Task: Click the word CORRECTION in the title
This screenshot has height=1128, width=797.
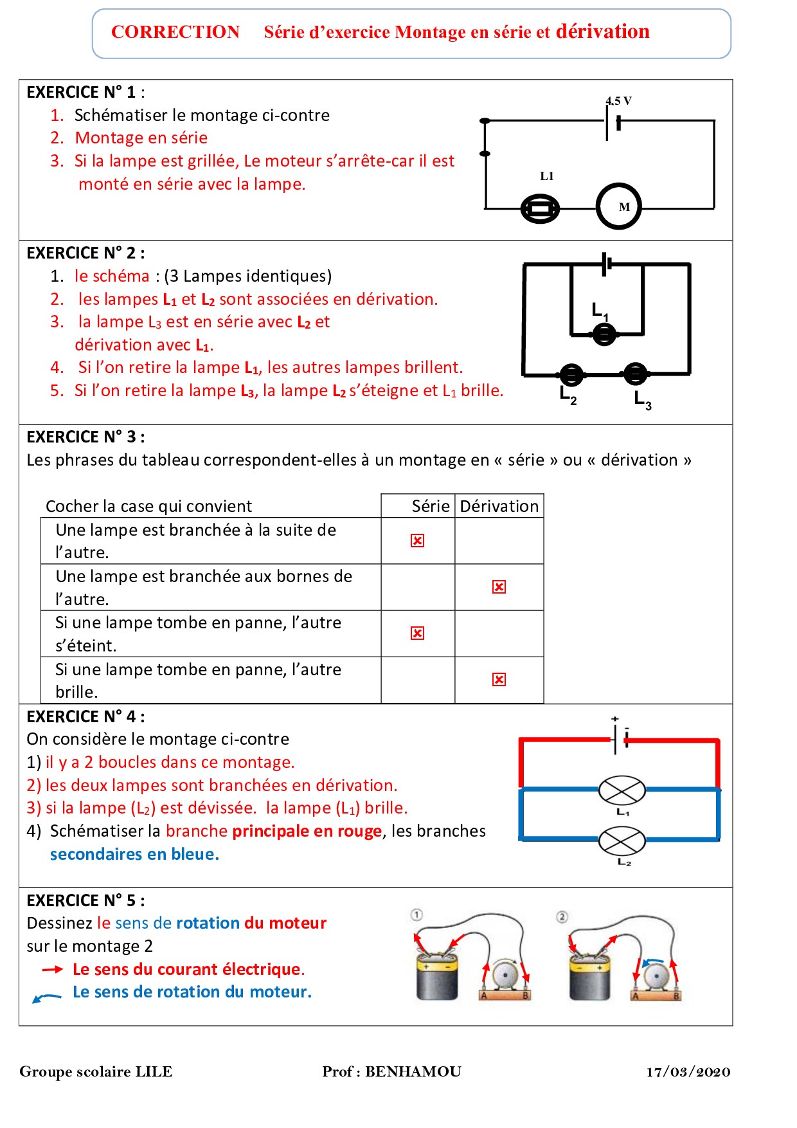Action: (175, 32)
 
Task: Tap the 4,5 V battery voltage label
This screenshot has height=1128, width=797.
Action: (618, 101)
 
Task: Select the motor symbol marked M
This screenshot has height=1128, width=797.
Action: (619, 206)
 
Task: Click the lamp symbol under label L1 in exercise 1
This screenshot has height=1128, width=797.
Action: (540, 209)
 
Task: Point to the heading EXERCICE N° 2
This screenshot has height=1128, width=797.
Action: (85, 253)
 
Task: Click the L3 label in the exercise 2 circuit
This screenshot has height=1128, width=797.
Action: (643, 400)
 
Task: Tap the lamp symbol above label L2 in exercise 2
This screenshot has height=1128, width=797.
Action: (571, 374)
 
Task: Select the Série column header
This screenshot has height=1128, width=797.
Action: (430, 506)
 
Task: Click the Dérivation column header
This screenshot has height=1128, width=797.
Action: (499, 506)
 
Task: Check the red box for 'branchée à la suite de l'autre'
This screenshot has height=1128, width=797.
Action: (417, 541)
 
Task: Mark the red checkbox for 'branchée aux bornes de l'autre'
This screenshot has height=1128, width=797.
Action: (499, 587)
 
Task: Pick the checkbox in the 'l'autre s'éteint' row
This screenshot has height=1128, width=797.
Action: (417, 633)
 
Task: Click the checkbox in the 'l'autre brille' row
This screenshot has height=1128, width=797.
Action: (499, 680)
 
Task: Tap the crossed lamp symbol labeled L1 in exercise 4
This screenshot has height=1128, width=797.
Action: (622, 790)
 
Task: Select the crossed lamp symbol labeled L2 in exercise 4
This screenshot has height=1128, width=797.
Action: (622, 841)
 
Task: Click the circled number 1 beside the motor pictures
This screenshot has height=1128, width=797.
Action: (416, 914)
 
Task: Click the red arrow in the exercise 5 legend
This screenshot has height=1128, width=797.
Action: (52, 969)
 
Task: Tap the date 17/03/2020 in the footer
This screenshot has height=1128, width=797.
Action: (688, 1072)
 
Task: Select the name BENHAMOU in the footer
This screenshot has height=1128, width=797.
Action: (413, 1071)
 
